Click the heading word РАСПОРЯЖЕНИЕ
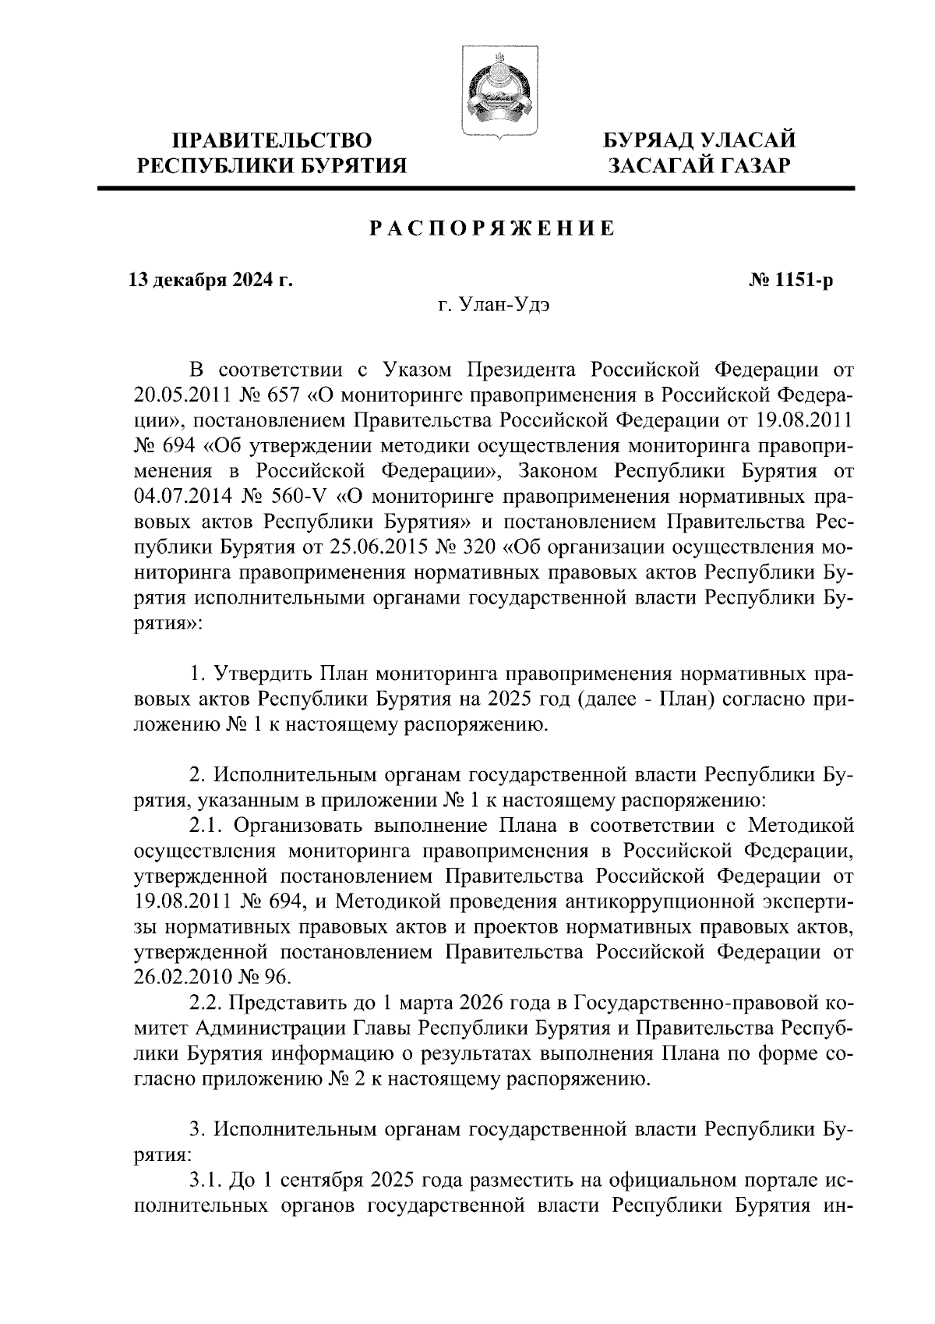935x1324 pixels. tap(492, 228)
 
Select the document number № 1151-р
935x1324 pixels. tap(789, 279)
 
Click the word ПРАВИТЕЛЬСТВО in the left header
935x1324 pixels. tap(273, 140)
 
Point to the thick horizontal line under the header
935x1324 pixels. tap(475, 188)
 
